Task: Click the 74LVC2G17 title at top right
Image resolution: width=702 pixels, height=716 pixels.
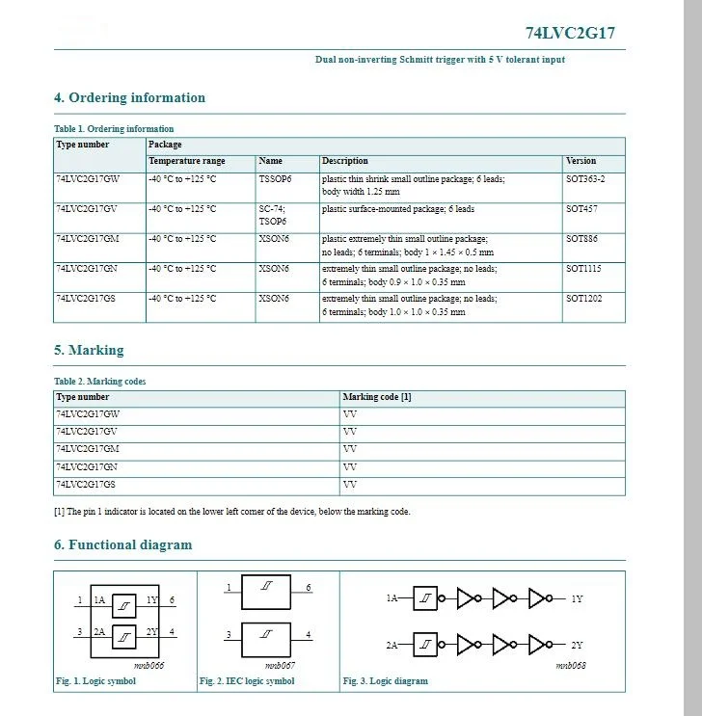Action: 569,33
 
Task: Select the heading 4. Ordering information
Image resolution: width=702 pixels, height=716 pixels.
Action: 129,97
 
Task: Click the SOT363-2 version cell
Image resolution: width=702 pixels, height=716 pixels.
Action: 585,179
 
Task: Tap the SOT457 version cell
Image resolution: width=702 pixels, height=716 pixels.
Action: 581,209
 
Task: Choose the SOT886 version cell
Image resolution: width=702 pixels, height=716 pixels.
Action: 581,239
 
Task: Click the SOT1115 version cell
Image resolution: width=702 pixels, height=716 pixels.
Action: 583,269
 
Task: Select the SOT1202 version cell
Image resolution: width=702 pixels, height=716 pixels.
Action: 583,299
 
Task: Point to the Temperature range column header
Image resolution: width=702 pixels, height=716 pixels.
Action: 187,161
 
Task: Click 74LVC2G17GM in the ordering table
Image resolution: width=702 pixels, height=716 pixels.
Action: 88,239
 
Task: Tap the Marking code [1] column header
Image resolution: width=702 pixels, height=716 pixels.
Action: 377,397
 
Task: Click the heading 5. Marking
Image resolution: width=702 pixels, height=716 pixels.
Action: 89,350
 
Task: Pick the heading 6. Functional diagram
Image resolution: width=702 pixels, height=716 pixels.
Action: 122,544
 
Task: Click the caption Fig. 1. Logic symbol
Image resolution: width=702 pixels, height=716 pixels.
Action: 95,681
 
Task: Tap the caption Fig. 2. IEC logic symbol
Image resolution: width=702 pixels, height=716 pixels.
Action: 247,681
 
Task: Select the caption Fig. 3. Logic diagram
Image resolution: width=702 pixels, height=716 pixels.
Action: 386,681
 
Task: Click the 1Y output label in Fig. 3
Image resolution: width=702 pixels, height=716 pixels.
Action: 577,599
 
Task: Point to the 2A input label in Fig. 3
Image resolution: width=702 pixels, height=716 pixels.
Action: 391,645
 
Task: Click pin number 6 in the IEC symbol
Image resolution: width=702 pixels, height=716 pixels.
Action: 309,588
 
